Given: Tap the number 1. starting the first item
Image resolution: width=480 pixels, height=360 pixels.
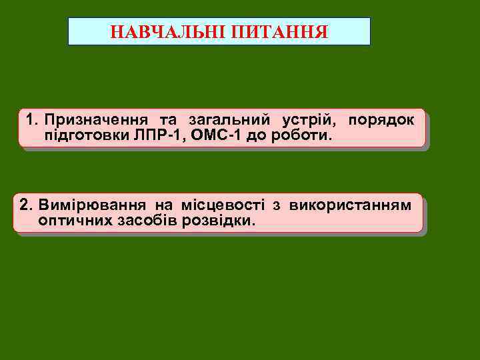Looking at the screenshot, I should tap(32, 120).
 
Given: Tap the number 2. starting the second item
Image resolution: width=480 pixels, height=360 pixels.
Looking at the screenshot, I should tap(27, 204).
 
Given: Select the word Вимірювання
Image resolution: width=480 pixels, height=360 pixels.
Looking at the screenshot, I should tap(93, 204).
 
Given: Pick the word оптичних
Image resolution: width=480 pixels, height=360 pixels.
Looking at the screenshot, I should tap(71, 219).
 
